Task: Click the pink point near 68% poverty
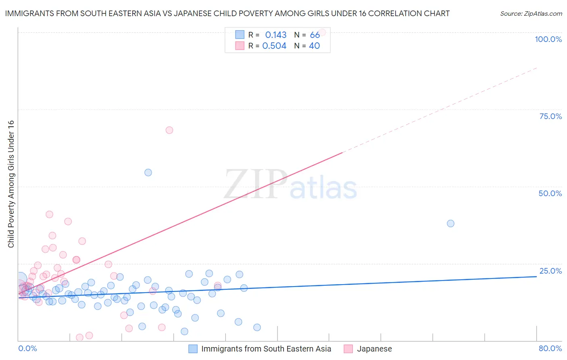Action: click(169, 130)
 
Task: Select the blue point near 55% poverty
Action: click(148, 172)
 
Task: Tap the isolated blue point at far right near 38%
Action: click(450, 224)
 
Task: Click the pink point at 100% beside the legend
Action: click(322, 32)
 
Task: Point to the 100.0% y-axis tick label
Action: click(548, 39)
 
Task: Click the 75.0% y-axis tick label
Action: click(550, 116)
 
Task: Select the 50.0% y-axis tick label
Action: click(550, 193)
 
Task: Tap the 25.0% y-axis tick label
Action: click(550, 271)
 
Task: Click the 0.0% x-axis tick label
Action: click(27, 348)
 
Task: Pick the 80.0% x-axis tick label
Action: click(550, 348)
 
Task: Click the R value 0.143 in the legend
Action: click(276, 35)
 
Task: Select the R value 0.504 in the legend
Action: click(274, 46)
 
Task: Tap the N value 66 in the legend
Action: click(315, 35)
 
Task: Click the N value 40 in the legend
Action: click(314, 46)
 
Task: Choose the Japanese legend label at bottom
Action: click(374, 349)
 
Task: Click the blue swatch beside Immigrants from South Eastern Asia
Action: click(193, 349)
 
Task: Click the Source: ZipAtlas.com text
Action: click(531, 14)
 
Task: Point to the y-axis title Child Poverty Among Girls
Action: click(11, 184)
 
